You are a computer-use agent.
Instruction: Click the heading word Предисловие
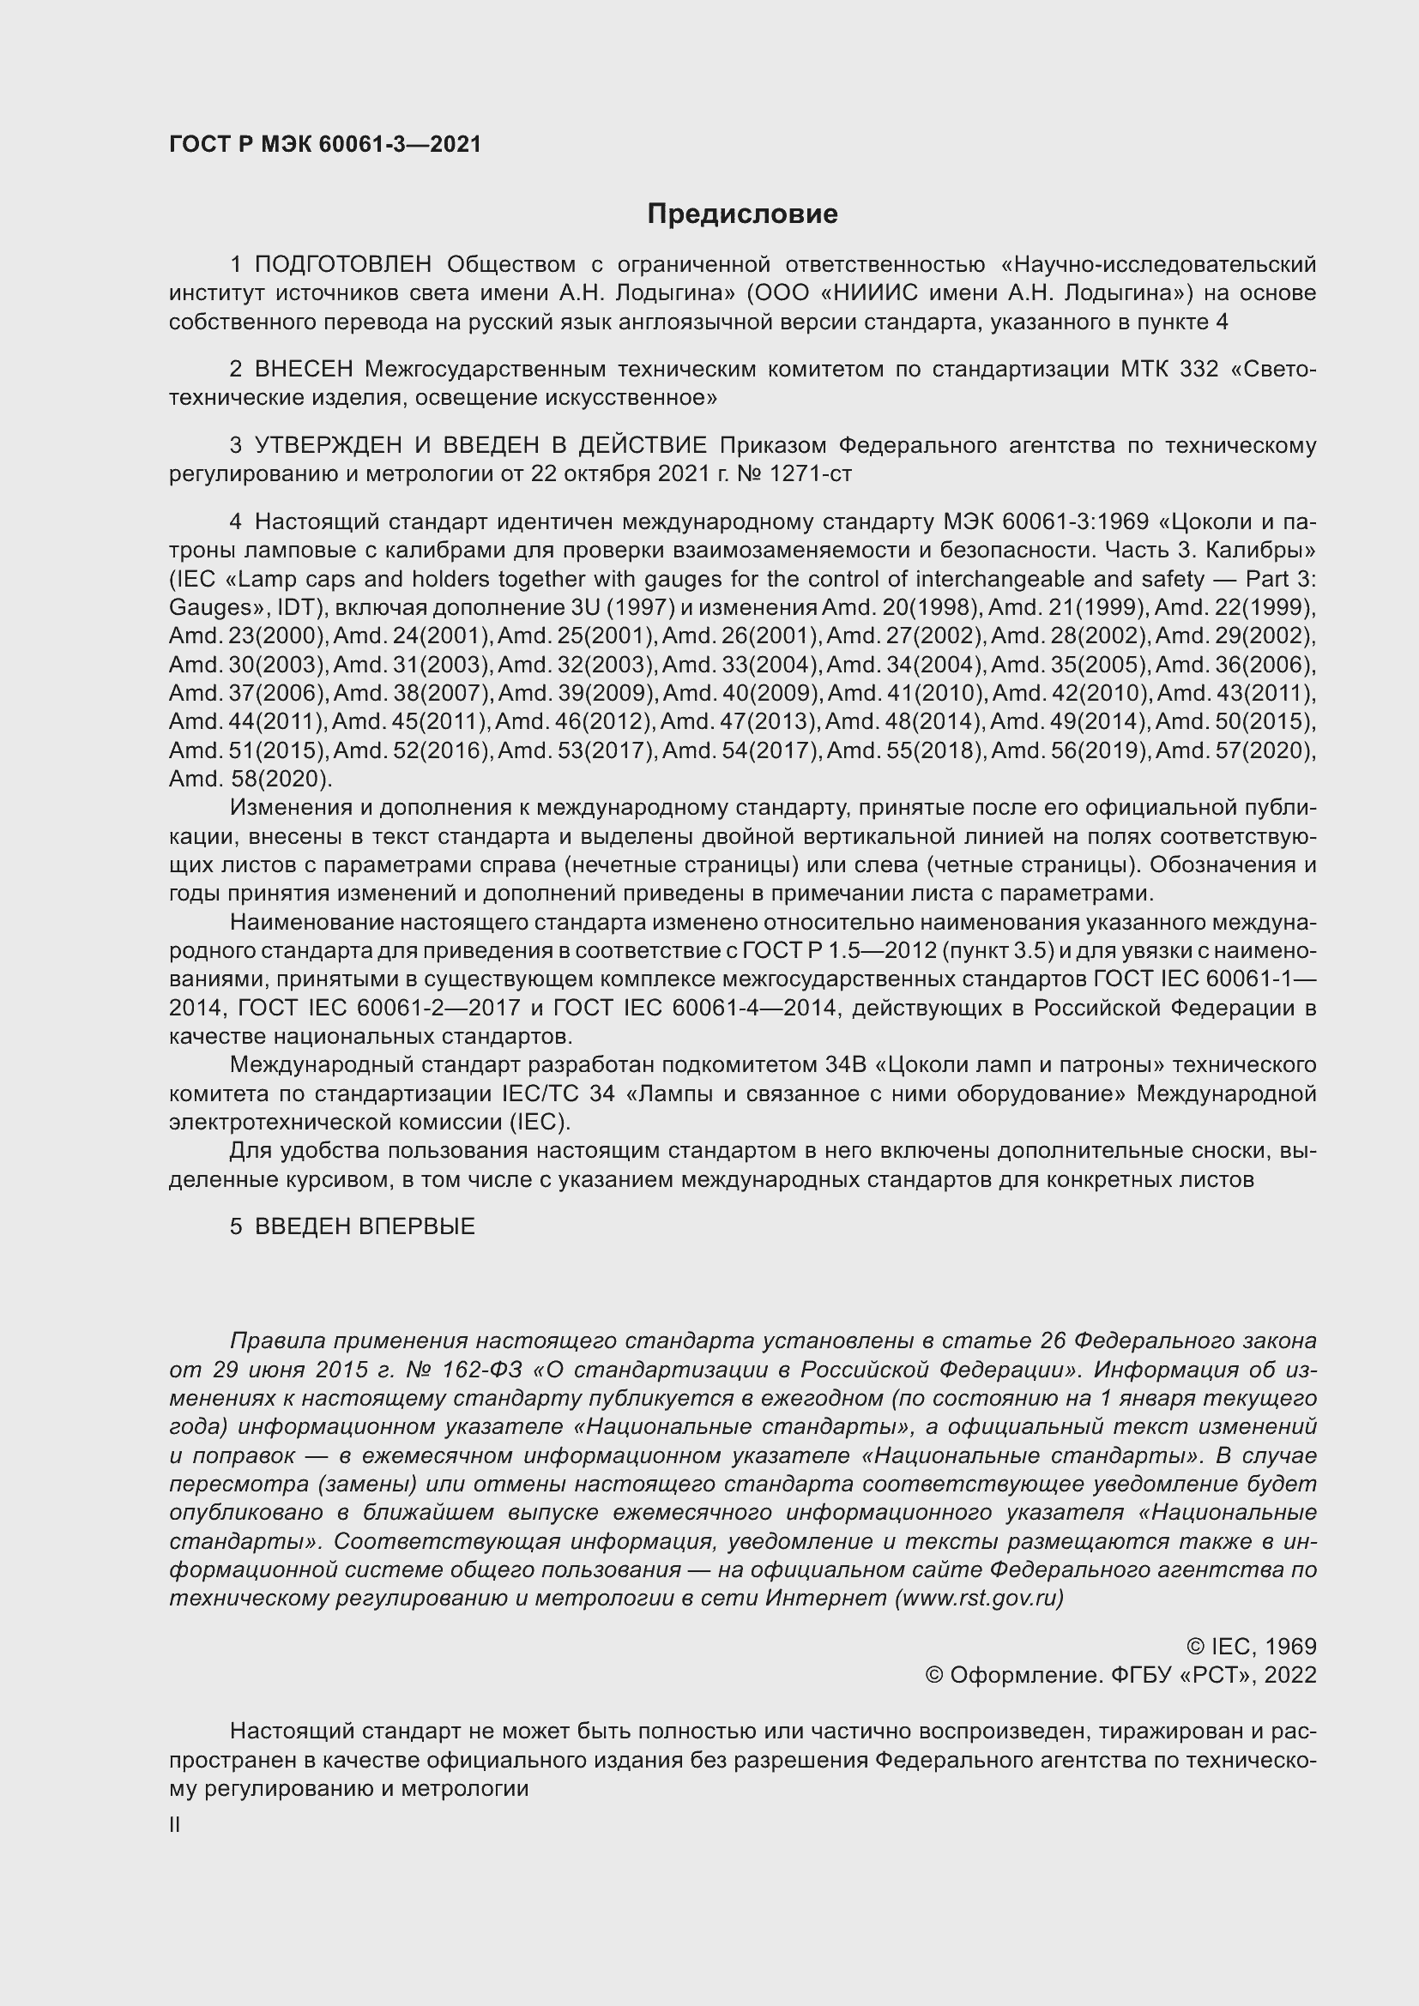[742, 214]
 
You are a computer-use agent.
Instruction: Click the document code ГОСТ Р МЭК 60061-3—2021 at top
[325, 145]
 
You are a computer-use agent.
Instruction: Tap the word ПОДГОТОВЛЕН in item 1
[343, 265]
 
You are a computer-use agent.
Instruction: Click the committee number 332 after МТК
[1198, 370]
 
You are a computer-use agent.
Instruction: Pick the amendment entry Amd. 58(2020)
[250, 780]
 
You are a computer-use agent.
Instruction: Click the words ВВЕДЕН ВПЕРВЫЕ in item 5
[365, 1226]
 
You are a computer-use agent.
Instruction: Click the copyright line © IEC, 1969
[1250, 1647]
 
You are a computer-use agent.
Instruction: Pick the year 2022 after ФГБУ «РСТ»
[1289, 1675]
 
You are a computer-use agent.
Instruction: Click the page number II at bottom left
[175, 1826]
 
